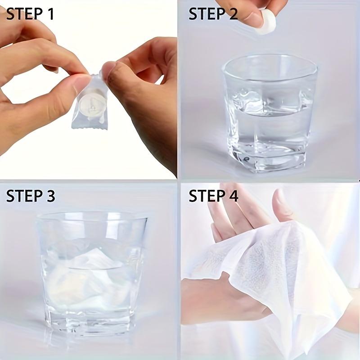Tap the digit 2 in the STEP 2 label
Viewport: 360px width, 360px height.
(x=232, y=14)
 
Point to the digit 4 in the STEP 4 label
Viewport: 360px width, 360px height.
(x=232, y=196)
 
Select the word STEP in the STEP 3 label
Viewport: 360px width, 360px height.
(x=24, y=196)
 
